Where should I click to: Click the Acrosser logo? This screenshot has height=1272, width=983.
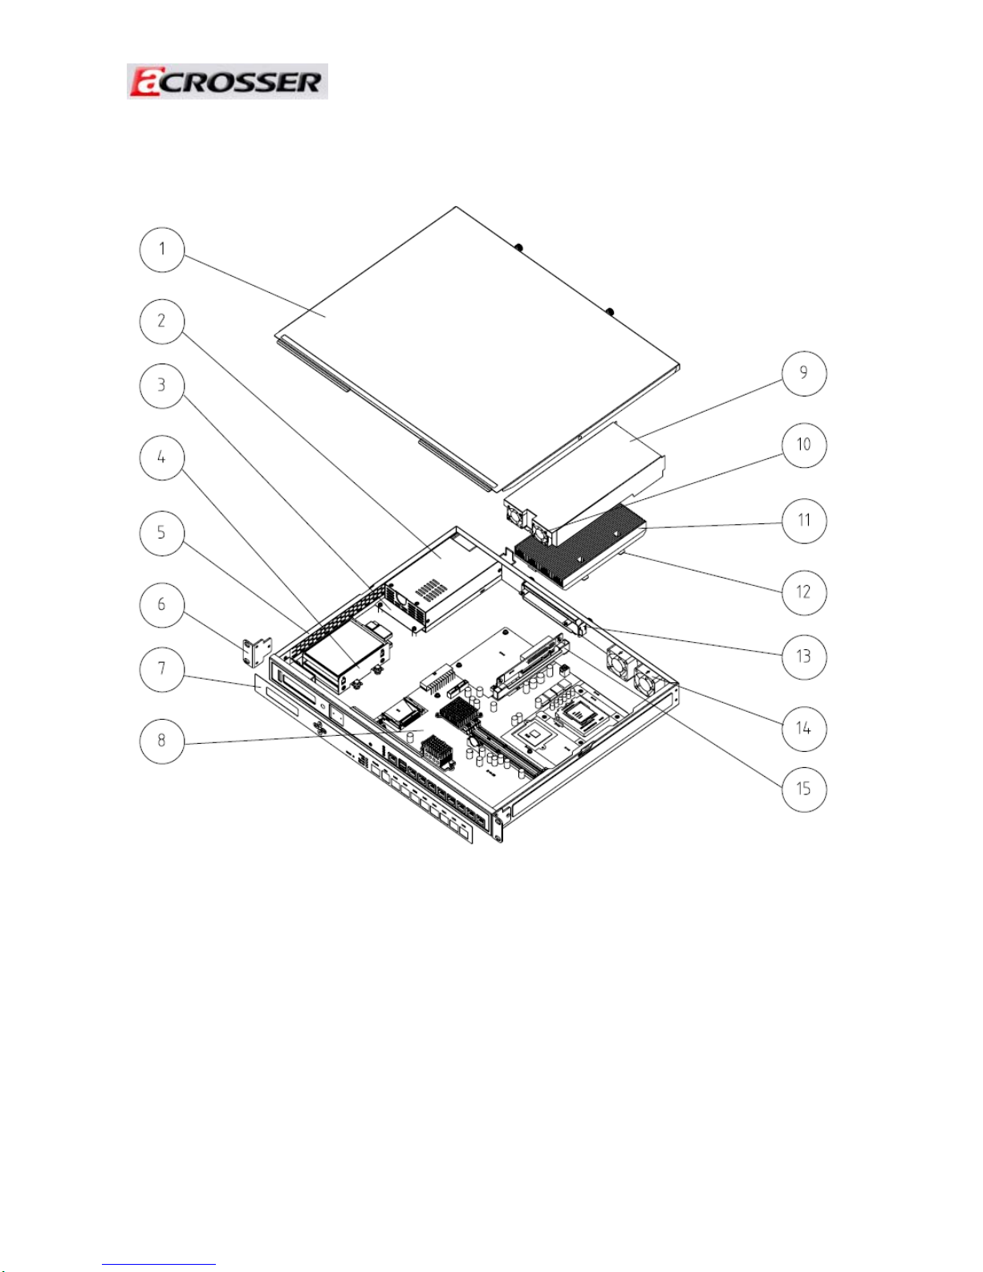pos(227,81)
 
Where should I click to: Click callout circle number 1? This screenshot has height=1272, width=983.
pos(162,250)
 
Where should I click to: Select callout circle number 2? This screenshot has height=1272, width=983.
pos(162,321)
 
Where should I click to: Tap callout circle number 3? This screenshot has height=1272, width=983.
pos(162,386)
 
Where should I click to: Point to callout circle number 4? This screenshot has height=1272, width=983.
pos(162,457)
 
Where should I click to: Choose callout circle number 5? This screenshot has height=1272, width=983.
pos(162,533)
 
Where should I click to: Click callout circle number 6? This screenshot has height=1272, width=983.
pos(162,604)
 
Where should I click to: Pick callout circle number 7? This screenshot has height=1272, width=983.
pos(162,669)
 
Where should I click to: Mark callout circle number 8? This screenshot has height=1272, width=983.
pos(162,741)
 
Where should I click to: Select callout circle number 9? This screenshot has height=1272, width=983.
pos(804,373)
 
